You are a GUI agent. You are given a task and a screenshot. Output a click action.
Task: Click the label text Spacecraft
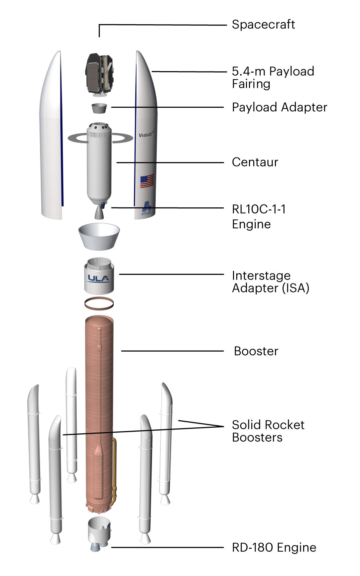point(263,25)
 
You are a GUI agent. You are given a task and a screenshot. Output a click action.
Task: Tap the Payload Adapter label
point(279,107)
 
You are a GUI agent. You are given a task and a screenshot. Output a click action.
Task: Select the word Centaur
point(255,162)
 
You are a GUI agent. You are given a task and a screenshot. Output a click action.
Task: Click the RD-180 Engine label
point(274,547)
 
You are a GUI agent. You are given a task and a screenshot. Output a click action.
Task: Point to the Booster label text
point(256,351)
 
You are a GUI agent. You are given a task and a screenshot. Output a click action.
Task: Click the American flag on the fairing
point(147,181)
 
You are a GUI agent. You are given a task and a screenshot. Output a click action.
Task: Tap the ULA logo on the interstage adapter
point(98,278)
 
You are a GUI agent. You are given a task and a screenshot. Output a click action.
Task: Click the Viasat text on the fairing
point(146,135)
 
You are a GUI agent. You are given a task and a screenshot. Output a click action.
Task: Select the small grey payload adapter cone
point(99,108)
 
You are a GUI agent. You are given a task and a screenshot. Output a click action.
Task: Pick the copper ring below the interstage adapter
point(99,303)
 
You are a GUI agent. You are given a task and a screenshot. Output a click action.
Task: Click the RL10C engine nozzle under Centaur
point(99,213)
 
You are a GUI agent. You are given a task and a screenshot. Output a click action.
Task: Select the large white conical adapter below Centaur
point(99,236)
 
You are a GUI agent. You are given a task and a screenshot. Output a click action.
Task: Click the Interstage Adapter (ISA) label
point(270,282)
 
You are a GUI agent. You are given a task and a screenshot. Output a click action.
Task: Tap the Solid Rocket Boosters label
point(268,431)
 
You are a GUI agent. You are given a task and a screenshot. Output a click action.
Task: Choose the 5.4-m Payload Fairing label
point(273,77)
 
